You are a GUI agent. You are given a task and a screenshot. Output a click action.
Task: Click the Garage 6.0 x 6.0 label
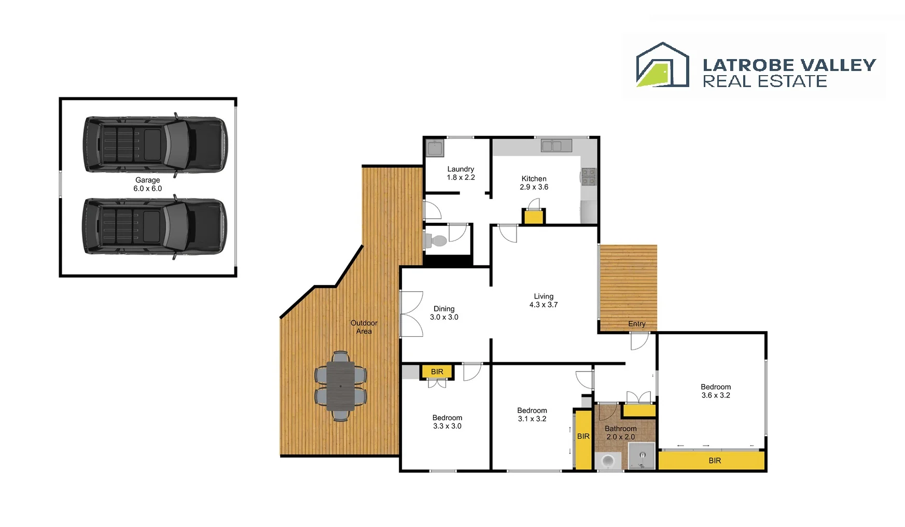(x=148, y=184)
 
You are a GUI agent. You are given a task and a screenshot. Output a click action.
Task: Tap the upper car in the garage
(x=155, y=145)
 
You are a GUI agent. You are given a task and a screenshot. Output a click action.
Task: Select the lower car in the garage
(x=155, y=226)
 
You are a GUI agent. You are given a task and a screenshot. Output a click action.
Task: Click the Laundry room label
(x=461, y=173)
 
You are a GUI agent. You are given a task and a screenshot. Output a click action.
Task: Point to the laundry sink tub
(x=434, y=148)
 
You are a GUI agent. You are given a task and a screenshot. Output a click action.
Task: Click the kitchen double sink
(x=556, y=146)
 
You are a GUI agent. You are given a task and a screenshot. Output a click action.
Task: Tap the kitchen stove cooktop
(x=588, y=176)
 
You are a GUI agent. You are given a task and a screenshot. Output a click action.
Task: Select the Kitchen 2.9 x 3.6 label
(x=534, y=183)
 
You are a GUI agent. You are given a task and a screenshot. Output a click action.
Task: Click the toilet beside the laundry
(x=436, y=240)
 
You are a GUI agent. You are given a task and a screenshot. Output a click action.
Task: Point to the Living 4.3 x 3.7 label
(x=544, y=301)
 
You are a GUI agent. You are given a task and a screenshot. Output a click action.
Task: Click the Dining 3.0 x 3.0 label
(x=444, y=313)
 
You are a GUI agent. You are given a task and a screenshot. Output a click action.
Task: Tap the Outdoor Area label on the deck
(x=364, y=327)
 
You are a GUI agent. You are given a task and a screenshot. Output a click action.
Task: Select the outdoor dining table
(x=340, y=386)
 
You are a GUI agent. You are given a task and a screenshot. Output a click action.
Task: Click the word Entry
(x=636, y=324)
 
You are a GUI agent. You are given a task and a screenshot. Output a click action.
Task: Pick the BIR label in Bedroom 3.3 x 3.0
(x=437, y=372)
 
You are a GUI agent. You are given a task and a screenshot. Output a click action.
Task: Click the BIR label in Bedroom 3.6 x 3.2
(x=714, y=461)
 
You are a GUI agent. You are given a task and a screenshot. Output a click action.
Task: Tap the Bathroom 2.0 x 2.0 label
(x=620, y=433)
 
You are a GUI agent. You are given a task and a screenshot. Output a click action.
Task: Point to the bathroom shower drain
(x=642, y=455)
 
